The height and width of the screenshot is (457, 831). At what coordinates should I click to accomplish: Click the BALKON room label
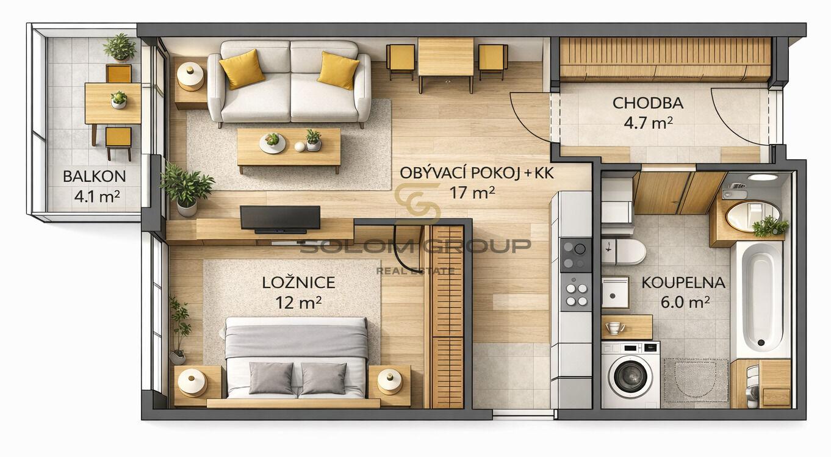[x=94, y=176]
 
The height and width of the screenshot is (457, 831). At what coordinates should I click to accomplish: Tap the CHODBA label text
[x=648, y=103]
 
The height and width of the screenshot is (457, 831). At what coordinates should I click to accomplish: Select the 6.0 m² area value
[x=685, y=302]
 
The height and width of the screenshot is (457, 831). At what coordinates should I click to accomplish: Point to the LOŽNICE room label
[x=298, y=282]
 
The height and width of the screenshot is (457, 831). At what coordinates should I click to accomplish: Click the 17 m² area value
[x=472, y=193]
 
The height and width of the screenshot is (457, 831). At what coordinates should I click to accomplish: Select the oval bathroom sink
[x=753, y=216]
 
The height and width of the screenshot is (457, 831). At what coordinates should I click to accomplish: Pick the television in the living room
[x=280, y=219]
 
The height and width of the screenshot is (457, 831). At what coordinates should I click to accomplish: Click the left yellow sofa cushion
[x=242, y=70]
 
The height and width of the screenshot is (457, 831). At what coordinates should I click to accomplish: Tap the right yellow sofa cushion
[x=338, y=71]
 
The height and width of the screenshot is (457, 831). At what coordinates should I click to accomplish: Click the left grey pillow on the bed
[x=271, y=378]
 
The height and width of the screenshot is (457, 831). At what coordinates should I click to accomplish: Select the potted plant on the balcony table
[x=119, y=100]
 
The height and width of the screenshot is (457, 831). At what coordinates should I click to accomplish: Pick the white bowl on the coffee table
[x=272, y=143]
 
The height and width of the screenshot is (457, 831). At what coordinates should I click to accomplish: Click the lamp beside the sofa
[x=190, y=77]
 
